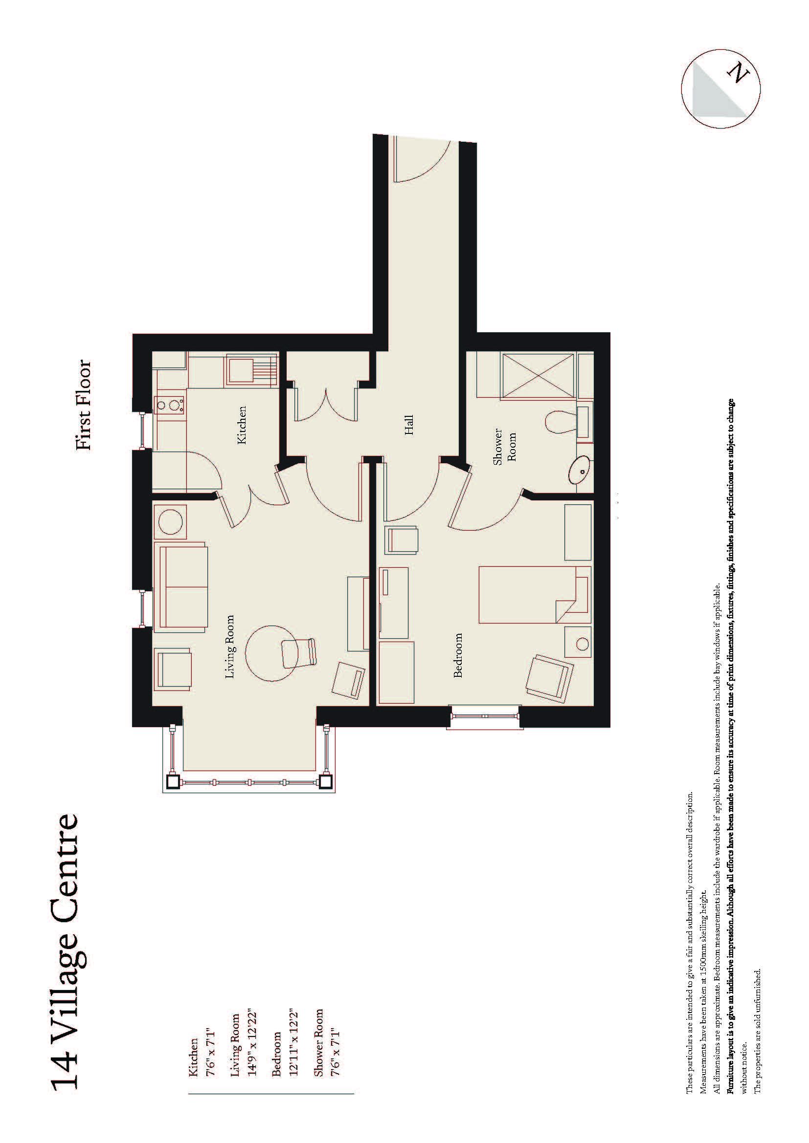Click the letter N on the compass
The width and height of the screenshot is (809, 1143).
tap(740, 74)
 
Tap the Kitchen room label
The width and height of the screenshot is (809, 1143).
tap(242, 425)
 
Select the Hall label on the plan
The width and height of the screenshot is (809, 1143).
tap(409, 425)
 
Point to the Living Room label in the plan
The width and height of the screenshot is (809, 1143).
tap(229, 647)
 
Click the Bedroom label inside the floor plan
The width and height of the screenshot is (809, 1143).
tap(458, 655)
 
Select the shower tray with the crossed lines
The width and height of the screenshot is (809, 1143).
tap(539, 375)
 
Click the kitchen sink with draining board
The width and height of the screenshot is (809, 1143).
tap(251, 369)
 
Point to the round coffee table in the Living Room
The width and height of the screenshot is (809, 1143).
tap(271, 653)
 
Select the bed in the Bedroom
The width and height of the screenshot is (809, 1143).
tap(533, 594)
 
